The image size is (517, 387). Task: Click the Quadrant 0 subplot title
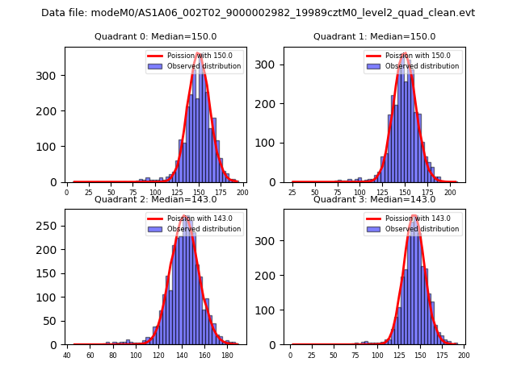[x=155, y=37]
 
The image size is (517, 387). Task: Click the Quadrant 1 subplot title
[x=374, y=37]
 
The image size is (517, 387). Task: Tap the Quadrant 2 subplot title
[x=155, y=200]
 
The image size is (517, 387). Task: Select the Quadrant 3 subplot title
[x=374, y=200]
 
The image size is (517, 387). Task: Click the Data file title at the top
[x=258, y=13]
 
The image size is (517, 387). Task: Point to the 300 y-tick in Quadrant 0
[x=52, y=76]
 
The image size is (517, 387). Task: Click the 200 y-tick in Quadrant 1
[x=271, y=104]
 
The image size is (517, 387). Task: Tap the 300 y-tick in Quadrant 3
[x=271, y=241]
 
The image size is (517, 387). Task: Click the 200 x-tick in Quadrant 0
[x=242, y=193]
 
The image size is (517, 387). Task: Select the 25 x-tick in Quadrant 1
[x=293, y=193]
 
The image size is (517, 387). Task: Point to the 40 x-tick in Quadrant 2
[x=67, y=355]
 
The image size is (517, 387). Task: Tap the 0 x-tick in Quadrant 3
[x=291, y=355]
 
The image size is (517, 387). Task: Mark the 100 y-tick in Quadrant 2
[x=49, y=297]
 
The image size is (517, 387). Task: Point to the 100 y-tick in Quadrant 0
[x=52, y=147]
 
